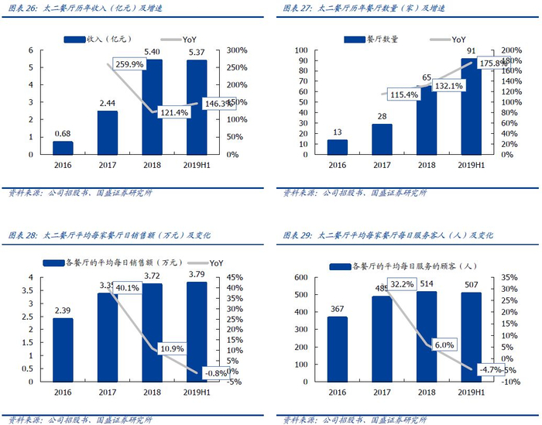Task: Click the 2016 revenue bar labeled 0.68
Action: (x=63, y=147)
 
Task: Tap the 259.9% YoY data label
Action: (x=129, y=65)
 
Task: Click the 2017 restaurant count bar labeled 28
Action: (x=381, y=139)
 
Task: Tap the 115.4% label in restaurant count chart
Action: (x=401, y=94)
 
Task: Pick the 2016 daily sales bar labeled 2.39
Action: (x=63, y=350)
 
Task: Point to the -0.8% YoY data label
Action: (x=215, y=372)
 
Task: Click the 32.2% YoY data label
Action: (x=404, y=284)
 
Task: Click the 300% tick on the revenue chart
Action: (x=235, y=50)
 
